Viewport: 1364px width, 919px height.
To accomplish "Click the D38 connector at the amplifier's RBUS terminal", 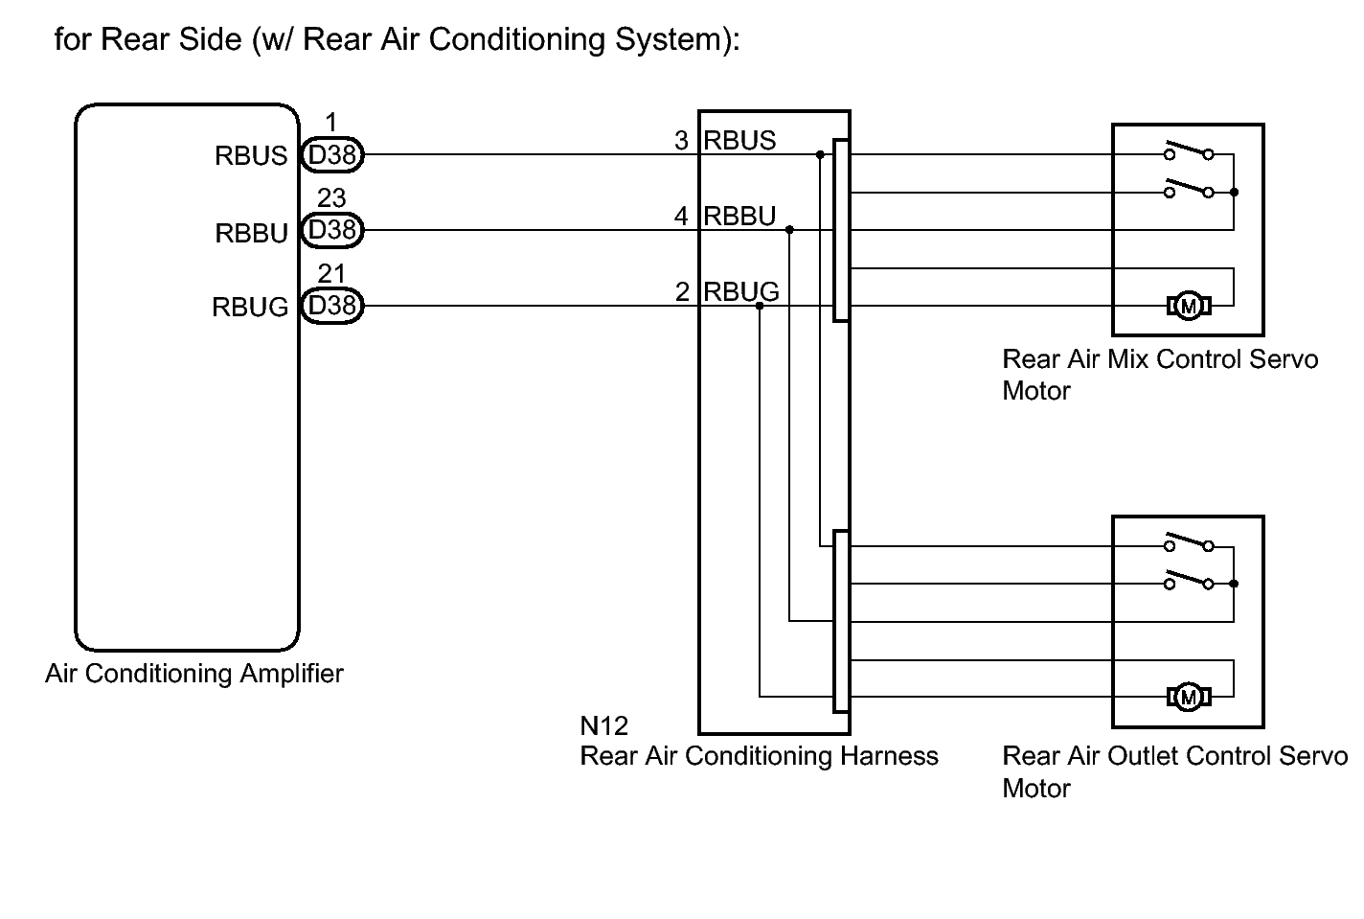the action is pos(332,154).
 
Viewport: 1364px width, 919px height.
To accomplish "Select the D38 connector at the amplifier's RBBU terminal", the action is pos(332,230).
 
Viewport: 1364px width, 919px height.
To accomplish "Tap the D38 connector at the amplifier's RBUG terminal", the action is pos(332,306).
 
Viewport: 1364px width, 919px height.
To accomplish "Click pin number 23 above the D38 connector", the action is pos(331,198).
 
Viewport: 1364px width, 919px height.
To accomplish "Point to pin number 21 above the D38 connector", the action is pos(331,273).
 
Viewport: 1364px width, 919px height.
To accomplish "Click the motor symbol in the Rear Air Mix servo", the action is pos(1189,306).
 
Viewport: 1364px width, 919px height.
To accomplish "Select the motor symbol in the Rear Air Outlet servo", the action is pos(1189,698).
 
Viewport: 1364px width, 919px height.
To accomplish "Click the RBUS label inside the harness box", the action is pos(739,141).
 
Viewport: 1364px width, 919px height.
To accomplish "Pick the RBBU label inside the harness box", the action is pos(739,217).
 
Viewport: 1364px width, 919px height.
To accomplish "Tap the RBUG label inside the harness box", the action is pos(741,291).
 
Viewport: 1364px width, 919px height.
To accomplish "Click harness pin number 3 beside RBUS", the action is pos(681,141).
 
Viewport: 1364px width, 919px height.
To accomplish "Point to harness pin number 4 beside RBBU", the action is pos(681,217).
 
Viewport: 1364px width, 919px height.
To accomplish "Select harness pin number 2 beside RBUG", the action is pos(682,291).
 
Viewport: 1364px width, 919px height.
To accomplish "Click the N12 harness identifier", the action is pos(604,726).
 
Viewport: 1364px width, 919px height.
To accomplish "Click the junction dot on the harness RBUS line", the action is pos(820,154).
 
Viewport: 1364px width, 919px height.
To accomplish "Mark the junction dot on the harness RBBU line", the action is pos(790,230).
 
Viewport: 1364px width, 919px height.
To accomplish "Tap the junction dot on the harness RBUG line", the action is pos(760,306).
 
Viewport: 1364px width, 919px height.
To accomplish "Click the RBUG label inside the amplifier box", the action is pos(250,307).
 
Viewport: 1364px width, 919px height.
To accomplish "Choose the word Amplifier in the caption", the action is pos(292,675).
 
